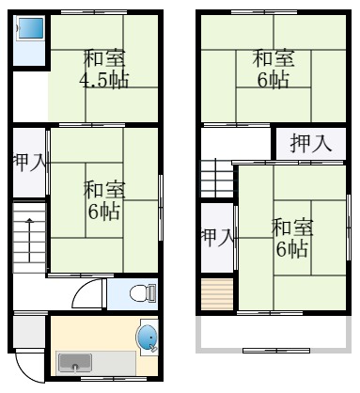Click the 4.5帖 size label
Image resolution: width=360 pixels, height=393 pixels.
103,78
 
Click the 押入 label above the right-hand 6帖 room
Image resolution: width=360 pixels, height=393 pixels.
310,144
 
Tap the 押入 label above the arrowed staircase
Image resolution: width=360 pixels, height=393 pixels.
29,163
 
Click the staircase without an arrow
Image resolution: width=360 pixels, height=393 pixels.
215,178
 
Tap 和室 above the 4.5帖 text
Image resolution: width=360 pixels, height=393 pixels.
102,56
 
